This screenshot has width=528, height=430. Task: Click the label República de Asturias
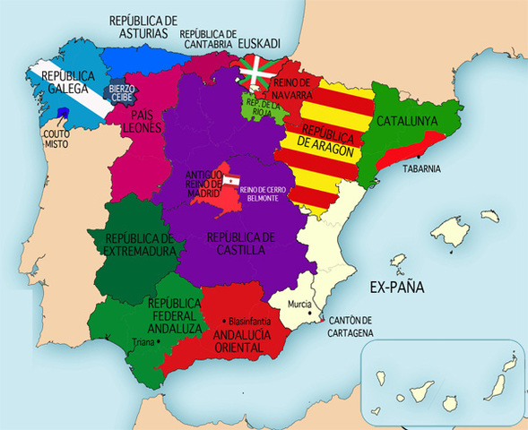[143, 26]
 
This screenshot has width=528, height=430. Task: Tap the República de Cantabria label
[208, 36]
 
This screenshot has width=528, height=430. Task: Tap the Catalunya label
[406, 120]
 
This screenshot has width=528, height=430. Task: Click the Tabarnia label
[421, 168]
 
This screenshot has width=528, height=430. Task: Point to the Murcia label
[299, 305]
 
